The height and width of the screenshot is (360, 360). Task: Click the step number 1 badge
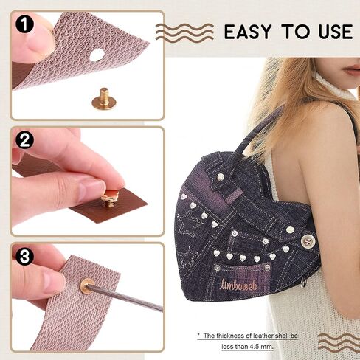tap(24, 25)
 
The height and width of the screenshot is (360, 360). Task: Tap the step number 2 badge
tap(24, 140)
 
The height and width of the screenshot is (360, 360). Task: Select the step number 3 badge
tap(24, 256)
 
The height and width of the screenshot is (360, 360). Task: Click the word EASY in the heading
tap(248, 32)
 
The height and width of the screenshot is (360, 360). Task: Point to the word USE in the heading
tap(336, 32)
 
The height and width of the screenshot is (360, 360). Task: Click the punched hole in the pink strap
tap(97, 55)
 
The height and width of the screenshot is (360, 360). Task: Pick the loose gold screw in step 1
tap(104, 99)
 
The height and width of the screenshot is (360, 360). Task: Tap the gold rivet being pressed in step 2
tap(110, 198)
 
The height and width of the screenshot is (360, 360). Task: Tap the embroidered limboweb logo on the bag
tap(238, 285)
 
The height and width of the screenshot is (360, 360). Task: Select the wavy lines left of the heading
tap(184, 32)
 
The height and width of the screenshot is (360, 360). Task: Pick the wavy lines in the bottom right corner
tap(339, 342)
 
